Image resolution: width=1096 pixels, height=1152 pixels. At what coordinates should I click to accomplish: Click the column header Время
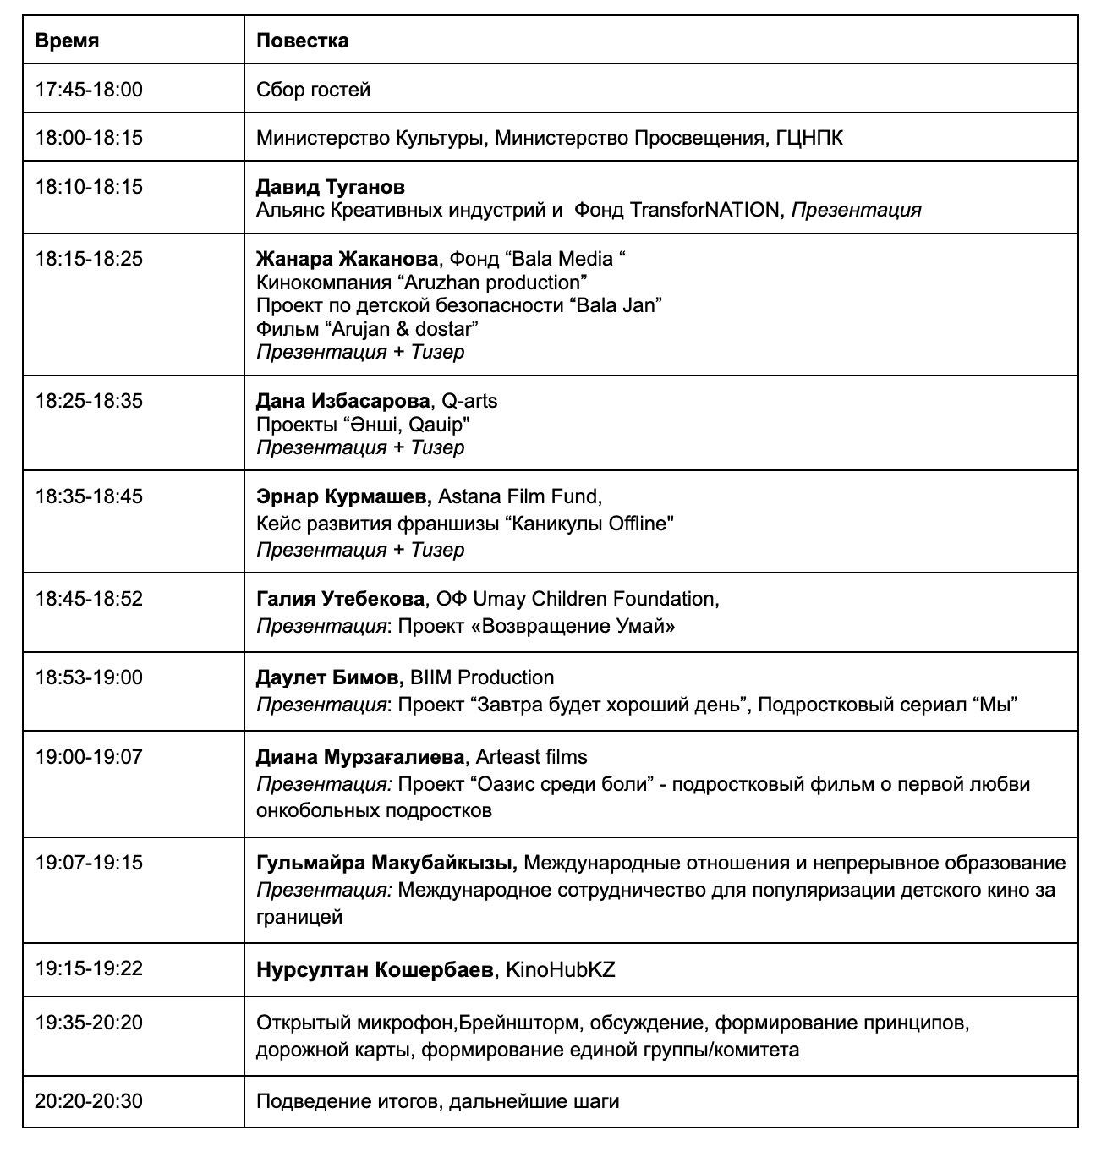coord(67,41)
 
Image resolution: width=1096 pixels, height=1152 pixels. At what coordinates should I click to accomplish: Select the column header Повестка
coord(302,41)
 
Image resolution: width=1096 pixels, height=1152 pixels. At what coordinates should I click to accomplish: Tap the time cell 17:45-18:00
coord(89,90)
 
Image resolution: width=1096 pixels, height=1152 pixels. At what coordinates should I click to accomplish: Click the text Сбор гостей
coord(313,90)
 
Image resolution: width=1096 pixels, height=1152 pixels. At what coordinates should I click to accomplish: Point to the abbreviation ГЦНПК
coord(809,137)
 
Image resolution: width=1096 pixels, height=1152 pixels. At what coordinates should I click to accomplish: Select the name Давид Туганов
coord(330,186)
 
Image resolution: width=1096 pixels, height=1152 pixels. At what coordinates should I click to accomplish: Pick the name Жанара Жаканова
coord(347,259)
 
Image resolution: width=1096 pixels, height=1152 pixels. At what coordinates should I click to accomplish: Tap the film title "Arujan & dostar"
coord(397,328)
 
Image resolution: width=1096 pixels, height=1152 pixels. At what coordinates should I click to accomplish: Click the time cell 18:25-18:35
coord(89,401)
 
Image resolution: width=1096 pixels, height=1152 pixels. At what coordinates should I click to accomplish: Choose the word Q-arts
coord(469,401)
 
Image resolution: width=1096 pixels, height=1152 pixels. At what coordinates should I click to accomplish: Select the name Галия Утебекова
coord(340,599)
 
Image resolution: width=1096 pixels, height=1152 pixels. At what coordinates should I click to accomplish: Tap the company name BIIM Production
coord(482,677)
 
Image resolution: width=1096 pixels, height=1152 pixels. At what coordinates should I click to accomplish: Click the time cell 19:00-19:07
coord(89,757)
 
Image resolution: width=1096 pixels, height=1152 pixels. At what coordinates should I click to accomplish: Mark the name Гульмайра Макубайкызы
coord(386,863)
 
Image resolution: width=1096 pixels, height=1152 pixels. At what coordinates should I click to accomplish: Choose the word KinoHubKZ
coord(560,969)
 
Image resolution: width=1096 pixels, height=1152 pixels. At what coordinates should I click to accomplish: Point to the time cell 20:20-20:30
coord(89,1101)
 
